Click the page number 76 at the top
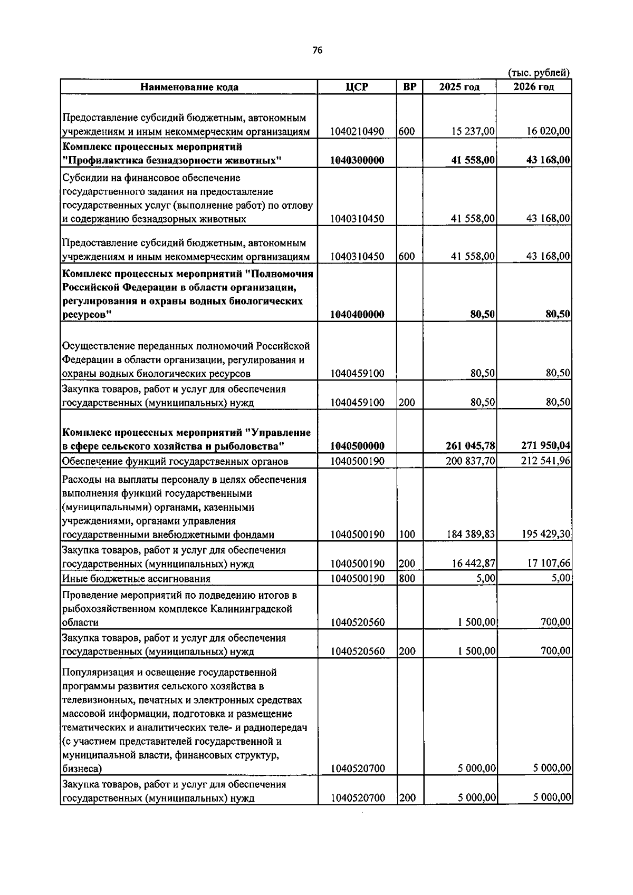tap(316, 51)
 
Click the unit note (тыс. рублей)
tap(539, 73)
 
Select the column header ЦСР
tap(357, 87)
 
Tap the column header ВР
tap(409, 87)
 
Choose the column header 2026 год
tap(534, 87)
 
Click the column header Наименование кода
tap(189, 87)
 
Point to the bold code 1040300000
tap(357, 160)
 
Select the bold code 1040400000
tap(357, 315)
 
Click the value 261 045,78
tap(470, 446)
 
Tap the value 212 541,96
tap(545, 461)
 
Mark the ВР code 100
tap(407, 534)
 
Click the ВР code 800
tap(407, 579)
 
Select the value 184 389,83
tap(470, 534)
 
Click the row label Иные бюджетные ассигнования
tap(136, 579)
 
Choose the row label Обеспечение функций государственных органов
tap(175, 462)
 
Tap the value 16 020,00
tap(548, 131)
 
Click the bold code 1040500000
tap(357, 446)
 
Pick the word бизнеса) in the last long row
tap(82, 768)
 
